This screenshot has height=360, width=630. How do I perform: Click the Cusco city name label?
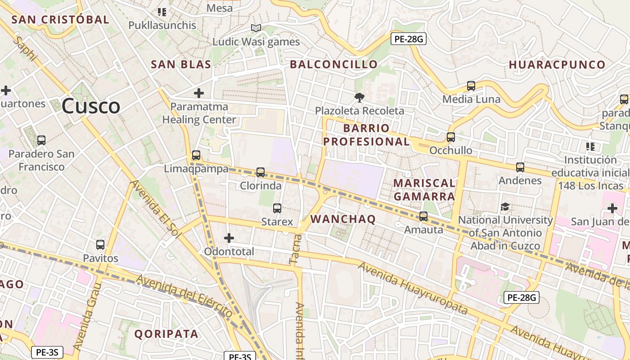tap(91, 106)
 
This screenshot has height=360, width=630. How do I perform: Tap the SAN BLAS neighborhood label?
tap(181, 64)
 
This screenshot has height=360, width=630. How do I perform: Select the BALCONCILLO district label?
tap(333, 64)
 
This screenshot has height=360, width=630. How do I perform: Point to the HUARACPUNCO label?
tap(557, 65)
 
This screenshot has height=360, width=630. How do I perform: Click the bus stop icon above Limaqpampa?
tap(196, 155)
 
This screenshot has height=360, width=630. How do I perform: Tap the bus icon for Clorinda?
tap(261, 172)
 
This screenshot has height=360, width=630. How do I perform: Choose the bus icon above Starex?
tap(277, 208)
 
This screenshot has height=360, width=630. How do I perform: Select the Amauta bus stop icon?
tap(423, 216)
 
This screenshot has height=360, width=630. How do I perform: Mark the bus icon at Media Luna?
tap(471, 86)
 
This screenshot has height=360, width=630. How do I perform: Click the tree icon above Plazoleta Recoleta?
tap(359, 97)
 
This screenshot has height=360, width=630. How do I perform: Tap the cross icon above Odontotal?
tap(229, 238)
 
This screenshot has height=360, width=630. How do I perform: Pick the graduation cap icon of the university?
tap(505, 207)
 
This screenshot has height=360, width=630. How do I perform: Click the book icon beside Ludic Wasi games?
tap(256, 28)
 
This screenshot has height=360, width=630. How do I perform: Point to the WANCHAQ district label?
tap(343, 219)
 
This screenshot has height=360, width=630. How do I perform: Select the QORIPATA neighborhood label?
tap(166, 334)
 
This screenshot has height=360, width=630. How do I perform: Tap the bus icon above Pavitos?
tap(100, 245)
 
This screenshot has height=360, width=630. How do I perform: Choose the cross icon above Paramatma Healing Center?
tap(199, 93)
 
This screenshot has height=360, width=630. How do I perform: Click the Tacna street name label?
tap(294, 248)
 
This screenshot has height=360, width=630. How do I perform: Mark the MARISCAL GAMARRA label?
tap(424, 189)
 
